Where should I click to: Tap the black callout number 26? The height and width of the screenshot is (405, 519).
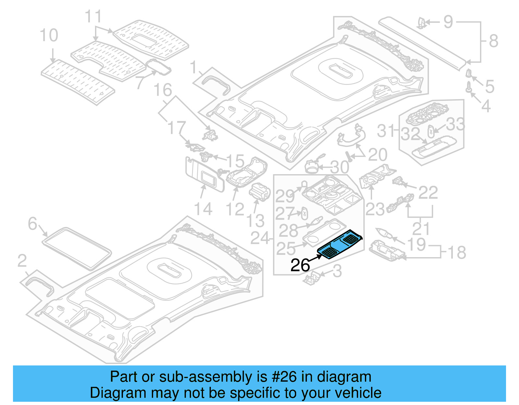pos(300,265)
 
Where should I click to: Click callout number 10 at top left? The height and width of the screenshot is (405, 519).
pos(49,35)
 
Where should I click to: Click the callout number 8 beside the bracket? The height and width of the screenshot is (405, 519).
pos(493,41)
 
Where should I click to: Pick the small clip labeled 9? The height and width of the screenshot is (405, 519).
pos(421,22)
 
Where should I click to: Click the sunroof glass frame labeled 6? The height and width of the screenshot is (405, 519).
pos(77,248)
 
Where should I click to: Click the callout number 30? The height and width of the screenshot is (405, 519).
pos(340,167)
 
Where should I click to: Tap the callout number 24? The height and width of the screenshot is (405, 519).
pos(260,238)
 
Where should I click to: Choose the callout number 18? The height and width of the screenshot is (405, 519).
pos(457,253)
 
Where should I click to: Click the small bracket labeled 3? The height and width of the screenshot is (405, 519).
pos(312,278)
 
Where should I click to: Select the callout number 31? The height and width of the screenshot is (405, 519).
pos(386,131)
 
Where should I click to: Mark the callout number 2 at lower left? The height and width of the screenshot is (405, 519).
pos(22,261)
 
